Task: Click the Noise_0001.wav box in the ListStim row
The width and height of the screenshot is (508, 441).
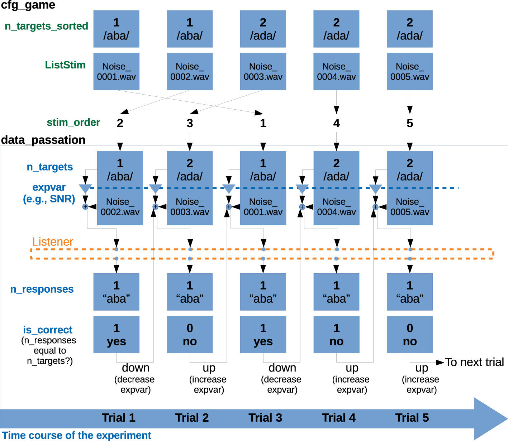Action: coord(116,72)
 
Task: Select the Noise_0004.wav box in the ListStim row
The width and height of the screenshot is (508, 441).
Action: coord(336,72)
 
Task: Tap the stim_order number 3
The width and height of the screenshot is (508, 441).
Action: coord(190,123)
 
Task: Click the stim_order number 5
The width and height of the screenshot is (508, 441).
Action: coord(410,123)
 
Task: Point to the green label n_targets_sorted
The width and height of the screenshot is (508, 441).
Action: coord(47,26)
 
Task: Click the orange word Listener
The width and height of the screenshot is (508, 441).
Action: coord(53,242)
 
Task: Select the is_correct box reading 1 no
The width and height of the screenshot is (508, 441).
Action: coord(336,335)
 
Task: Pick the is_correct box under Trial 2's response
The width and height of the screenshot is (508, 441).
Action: coord(190,335)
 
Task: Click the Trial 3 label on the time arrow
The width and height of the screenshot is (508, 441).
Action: coord(265,418)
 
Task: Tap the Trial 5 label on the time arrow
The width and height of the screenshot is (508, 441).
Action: coord(412,418)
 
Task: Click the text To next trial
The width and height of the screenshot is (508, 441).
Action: coord(474,362)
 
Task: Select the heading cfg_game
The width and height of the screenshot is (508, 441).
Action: coord(28,5)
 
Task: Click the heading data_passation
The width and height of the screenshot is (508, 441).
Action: coord(43,140)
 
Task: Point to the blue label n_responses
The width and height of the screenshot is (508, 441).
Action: coord(42,289)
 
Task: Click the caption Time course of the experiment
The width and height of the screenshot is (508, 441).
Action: coord(76,435)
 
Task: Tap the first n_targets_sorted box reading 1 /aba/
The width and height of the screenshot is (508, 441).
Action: coord(116,29)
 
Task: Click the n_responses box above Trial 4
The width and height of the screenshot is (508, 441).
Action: coord(336,292)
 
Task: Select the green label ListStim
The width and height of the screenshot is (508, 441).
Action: coord(65,65)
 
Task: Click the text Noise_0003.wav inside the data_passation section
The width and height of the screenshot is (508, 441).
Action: coord(190,207)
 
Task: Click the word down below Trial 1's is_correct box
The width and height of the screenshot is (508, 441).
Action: coord(136,368)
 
